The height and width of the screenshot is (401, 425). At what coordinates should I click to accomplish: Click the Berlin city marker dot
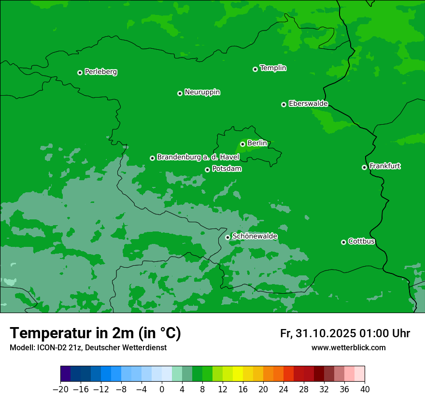242,144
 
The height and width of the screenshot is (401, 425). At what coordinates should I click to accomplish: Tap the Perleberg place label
100,72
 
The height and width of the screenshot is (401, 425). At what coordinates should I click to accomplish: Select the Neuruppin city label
202,92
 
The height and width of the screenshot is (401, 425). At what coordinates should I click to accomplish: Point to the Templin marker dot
255,69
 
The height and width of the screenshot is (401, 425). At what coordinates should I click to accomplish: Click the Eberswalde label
308,104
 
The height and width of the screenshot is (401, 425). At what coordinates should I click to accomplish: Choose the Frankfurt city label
384,166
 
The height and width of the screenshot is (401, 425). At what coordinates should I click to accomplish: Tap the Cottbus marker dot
343,242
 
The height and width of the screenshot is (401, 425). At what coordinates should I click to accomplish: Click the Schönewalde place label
255,236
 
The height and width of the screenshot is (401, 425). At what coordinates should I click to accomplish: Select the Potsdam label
227,169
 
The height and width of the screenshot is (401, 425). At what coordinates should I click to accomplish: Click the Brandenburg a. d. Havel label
198,157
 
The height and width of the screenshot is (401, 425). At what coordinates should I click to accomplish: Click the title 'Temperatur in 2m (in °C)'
95,333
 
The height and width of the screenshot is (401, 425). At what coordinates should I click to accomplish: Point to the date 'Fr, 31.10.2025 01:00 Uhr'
345,333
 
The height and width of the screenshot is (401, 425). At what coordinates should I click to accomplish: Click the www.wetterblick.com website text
348,347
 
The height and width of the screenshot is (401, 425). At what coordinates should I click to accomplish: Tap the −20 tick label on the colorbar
60,389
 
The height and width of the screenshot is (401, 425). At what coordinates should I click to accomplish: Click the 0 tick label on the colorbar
162,389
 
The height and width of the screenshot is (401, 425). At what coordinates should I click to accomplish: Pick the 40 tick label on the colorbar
365,389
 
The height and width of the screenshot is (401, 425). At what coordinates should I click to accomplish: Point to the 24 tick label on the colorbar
283,389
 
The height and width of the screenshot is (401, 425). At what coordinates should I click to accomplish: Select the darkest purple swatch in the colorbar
66,374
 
